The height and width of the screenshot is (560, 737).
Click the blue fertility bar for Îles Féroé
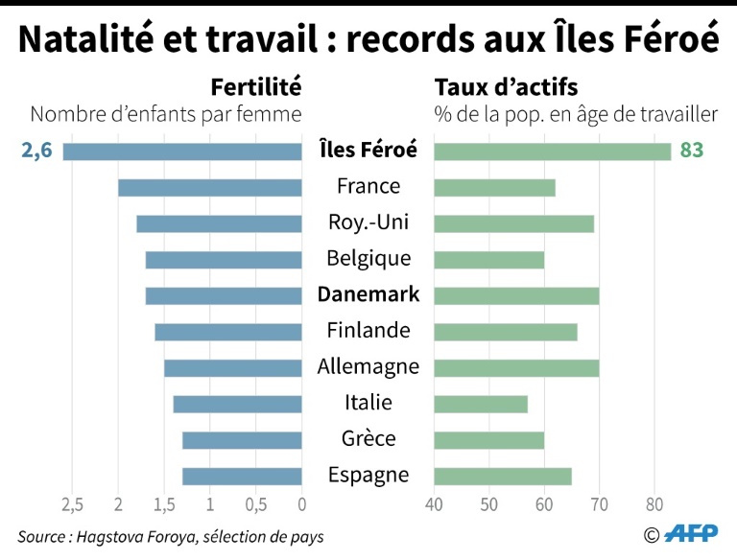[x=182, y=152]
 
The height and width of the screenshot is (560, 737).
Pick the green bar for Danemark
[x=516, y=295]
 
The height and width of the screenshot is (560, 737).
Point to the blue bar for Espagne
[x=242, y=476]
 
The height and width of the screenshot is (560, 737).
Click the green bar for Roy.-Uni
[x=513, y=223]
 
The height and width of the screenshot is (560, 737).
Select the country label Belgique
[x=368, y=259]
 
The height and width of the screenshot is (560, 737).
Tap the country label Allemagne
[x=368, y=366]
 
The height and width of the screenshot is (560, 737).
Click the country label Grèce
[x=368, y=439]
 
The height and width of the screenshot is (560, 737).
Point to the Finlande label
[x=368, y=331]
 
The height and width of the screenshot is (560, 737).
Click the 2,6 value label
[x=36, y=151]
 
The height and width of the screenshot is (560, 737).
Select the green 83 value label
[x=691, y=151]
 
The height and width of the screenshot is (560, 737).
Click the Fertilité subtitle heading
[x=256, y=87]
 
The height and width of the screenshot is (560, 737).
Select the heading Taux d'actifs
[x=507, y=87]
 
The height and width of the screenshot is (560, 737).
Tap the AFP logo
[x=691, y=534]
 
